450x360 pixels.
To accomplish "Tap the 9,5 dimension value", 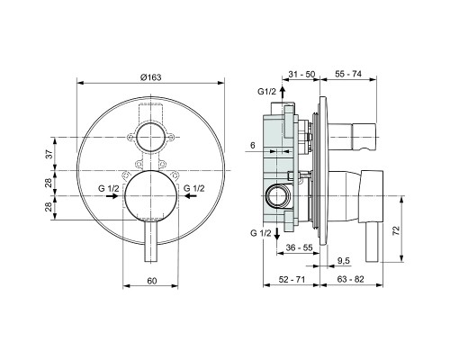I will coord(343,261).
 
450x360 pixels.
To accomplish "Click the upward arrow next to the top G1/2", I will coord(281,92).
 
